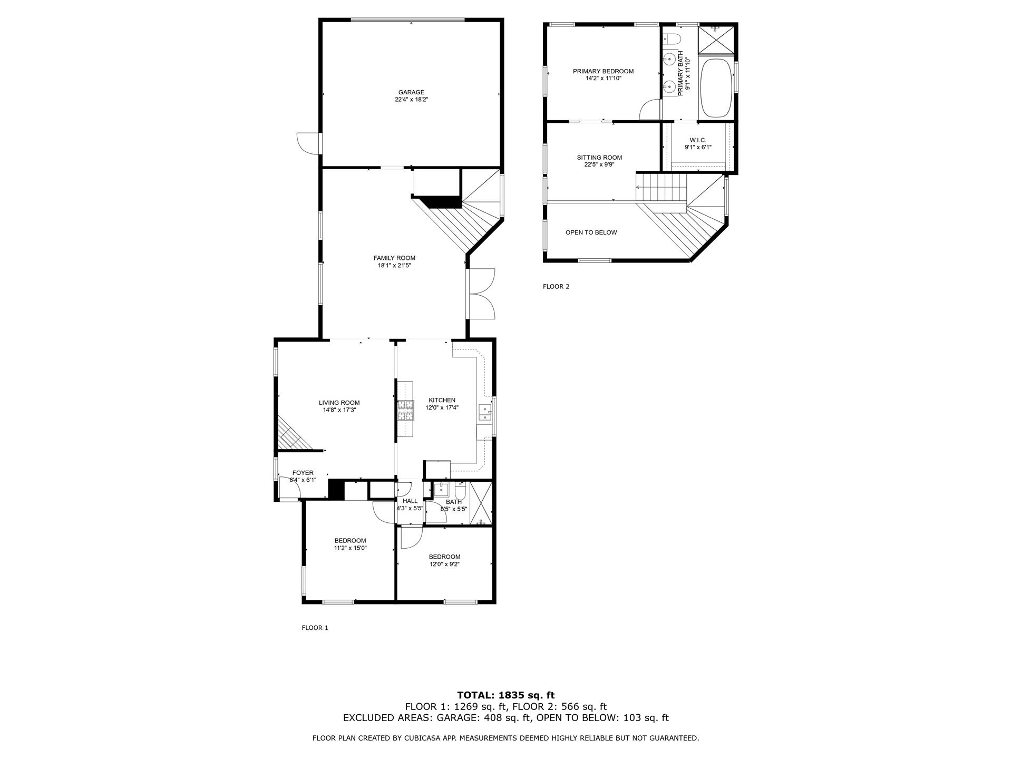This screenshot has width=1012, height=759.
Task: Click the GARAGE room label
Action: [x=411, y=92]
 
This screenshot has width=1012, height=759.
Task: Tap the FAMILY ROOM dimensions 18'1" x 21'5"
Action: [x=394, y=266]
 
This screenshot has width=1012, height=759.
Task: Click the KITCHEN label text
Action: [x=442, y=400]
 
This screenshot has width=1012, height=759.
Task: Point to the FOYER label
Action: [x=303, y=473]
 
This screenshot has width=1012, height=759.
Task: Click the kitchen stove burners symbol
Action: [x=406, y=411]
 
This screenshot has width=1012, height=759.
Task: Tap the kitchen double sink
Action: [x=484, y=414]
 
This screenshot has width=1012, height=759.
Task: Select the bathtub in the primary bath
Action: [x=716, y=89]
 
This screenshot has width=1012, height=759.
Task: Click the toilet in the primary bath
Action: [x=672, y=38]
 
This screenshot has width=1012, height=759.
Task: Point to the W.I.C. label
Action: [x=698, y=140]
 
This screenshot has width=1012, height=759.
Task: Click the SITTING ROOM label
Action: [x=599, y=157]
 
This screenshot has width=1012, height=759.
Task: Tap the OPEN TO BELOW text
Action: [x=591, y=232]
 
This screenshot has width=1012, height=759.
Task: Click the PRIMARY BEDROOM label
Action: [x=603, y=71]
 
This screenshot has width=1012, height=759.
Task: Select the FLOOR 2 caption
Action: [x=556, y=287]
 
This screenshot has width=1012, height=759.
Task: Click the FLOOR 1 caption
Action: [x=315, y=628]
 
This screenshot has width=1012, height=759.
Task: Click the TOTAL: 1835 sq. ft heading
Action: [x=505, y=695]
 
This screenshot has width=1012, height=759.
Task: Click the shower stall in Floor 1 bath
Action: [x=480, y=503]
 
